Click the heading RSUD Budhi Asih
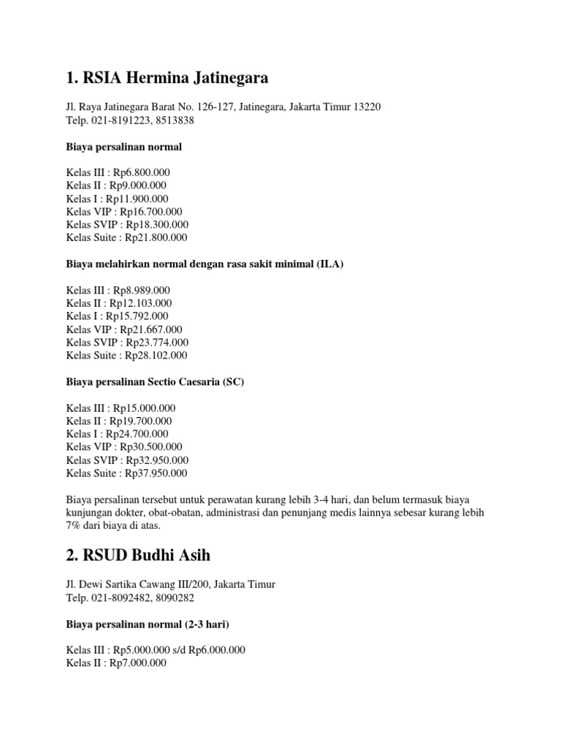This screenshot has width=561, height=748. pos(138,555)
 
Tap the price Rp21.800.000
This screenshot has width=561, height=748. pos(156,237)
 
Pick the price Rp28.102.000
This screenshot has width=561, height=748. pos(156,356)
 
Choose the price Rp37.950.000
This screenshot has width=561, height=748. pos(156,473)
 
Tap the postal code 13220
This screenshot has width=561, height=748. pos(365,107)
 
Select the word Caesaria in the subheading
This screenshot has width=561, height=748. pos(194,382)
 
